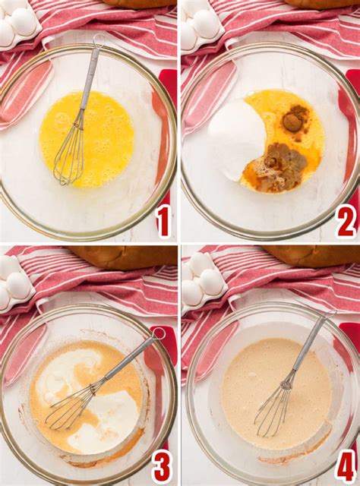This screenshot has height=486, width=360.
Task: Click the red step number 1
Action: (163, 221)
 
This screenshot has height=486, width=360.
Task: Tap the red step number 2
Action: (346, 221)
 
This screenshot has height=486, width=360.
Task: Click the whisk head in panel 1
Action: (70, 156)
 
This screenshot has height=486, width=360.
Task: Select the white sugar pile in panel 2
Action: (236, 137)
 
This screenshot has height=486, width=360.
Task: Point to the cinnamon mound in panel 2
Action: (292, 121)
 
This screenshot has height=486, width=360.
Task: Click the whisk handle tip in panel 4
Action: (331, 313)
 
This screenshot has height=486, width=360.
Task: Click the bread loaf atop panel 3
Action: (122, 256)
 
